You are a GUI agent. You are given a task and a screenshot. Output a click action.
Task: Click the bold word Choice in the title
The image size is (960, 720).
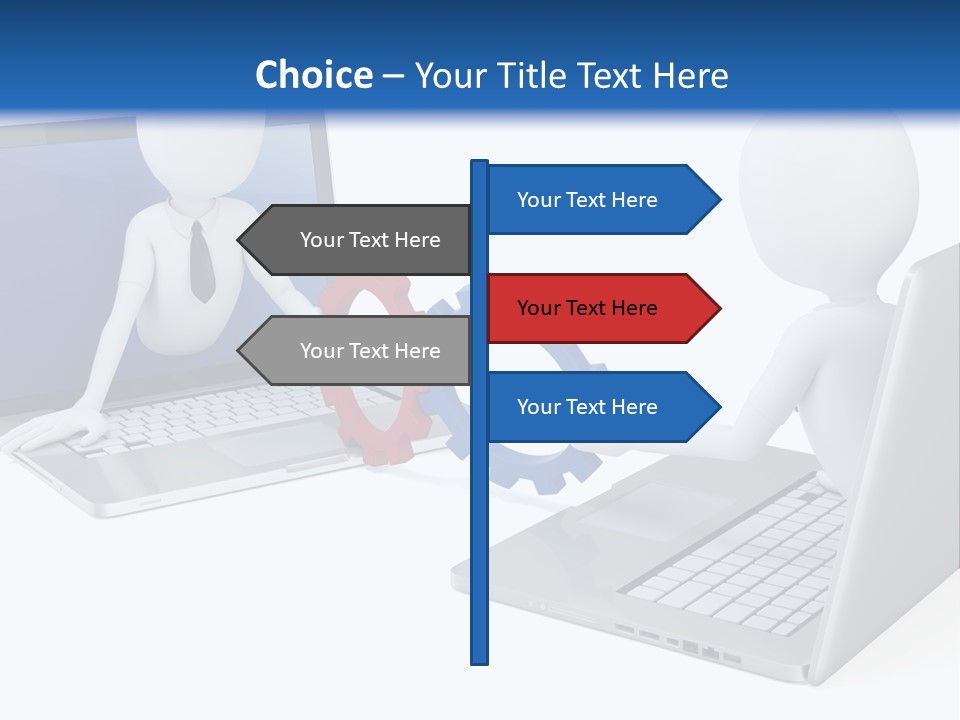point(313,75)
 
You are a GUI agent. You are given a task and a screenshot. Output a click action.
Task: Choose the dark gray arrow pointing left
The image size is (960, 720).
point(360,240)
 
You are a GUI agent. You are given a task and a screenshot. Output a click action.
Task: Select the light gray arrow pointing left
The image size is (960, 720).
point(360,351)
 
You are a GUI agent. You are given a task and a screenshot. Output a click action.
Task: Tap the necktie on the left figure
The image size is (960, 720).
point(201,262)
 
